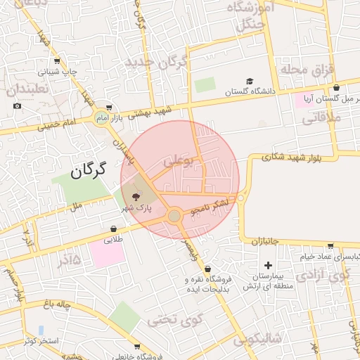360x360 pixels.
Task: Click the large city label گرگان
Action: click(x=88, y=169)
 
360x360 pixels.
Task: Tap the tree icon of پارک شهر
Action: click(x=136, y=197)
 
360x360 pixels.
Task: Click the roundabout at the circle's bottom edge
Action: click(x=174, y=216)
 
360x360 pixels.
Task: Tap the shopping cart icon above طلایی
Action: click(x=113, y=229)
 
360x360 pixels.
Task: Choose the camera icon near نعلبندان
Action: click(x=17, y=106)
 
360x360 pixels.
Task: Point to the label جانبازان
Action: click(x=265, y=241)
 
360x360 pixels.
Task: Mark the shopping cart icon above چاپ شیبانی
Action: click(x=57, y=60)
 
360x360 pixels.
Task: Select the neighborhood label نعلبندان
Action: click(x=27, y=90)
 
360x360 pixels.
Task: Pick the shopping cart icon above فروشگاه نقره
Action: click(x=207, y=269)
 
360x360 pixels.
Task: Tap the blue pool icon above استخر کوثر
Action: click(x=41, y=329)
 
